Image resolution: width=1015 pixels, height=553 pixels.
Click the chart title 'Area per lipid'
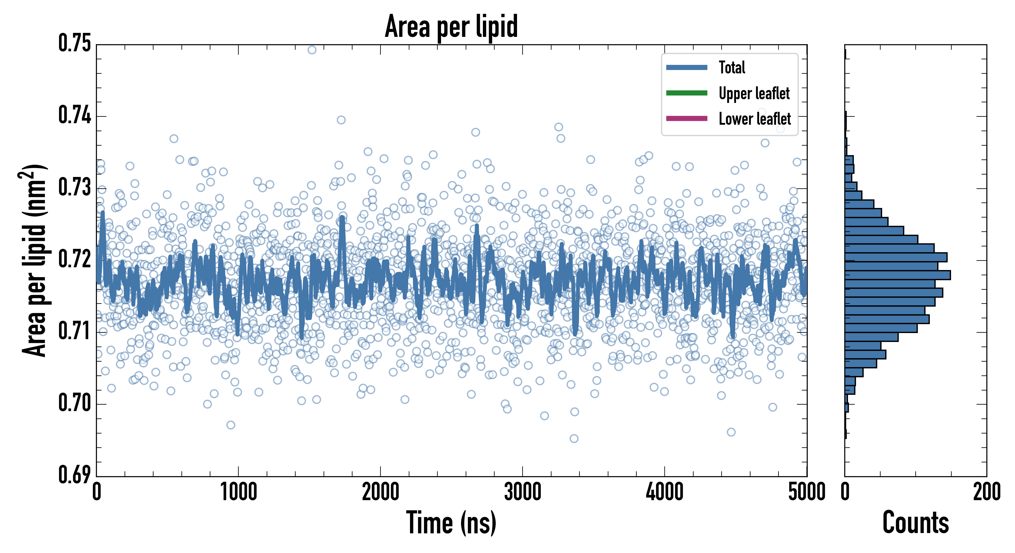[451, 26]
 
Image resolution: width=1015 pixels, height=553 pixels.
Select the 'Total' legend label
[732, 67]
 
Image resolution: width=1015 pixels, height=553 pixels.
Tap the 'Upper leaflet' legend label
[754, 93]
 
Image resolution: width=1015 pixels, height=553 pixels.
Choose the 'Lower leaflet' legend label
[754, 119]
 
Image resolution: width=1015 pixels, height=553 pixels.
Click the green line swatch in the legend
[687, 93]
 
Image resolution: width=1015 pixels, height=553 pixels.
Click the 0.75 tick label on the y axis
[74, 43]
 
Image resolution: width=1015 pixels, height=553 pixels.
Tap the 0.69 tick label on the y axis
[74, 475]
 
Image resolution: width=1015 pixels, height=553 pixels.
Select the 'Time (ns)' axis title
[451, 523]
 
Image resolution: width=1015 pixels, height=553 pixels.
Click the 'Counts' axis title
[916, 523]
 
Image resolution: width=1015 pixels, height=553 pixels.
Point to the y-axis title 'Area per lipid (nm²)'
[34, 261]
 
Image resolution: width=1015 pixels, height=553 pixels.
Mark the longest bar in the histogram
[898, 275]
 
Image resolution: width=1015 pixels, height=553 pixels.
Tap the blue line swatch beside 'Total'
[687, 67]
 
